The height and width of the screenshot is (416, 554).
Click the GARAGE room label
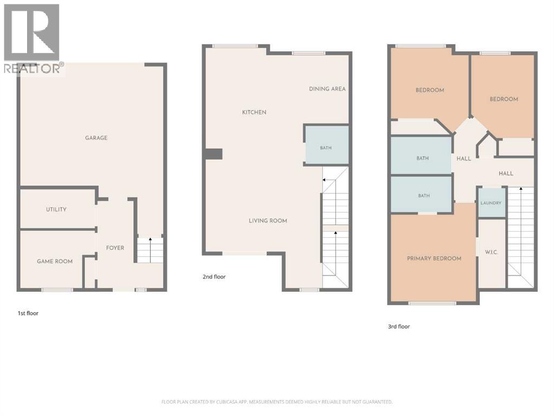(96, 138)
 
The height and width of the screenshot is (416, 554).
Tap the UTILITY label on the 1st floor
(56, 209)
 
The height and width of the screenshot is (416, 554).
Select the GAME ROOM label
(55, 261)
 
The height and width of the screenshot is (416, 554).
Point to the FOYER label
(115, 248)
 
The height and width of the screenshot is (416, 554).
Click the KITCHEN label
(254, 112)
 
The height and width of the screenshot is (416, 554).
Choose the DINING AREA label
(327, 89)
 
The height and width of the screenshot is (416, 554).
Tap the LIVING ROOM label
(268, 220)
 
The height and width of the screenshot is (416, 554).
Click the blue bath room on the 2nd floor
(327, 145)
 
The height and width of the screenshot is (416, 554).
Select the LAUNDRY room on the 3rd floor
(491, 202)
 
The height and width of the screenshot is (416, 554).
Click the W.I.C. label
(492, 252)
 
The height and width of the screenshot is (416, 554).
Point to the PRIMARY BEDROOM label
(434, 258)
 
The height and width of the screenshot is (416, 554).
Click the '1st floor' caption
(28, 313)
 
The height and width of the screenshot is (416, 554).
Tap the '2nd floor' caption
(214, 277)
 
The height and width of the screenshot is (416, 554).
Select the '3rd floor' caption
(399, 327)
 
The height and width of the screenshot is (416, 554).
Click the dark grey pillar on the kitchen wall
(214, 154)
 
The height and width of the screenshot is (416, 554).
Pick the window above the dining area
(309, 53)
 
